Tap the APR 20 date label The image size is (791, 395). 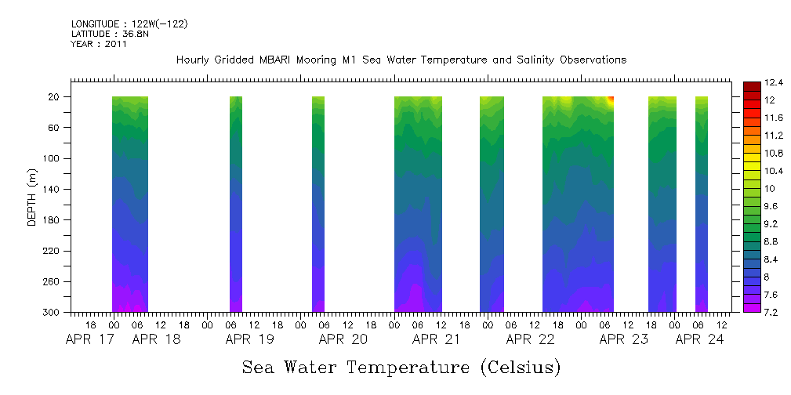pos(343,339)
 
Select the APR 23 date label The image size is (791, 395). pos(623,339)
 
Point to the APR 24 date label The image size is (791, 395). pos(699,339)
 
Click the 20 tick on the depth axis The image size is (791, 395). pos(55,96)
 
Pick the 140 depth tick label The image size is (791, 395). pos(53,189)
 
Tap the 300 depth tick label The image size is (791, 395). pos(53,312)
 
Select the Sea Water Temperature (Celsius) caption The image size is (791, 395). pos(401,367)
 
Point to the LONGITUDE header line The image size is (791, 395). pos(129,24)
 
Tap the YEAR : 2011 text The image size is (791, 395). pos(99,44)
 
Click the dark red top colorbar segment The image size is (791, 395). pos(751,85)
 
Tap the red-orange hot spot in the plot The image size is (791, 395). pos(611,98)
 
